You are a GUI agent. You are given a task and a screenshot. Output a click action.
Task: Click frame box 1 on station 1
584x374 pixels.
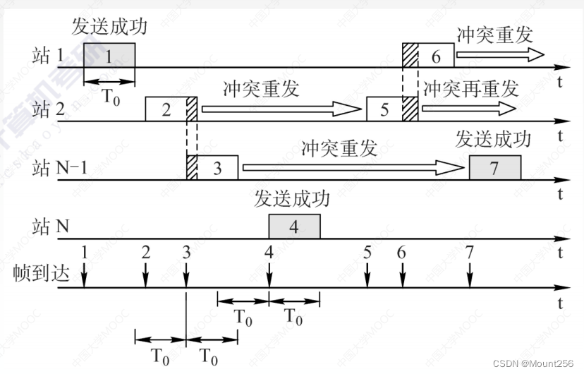click(x=109, y=56)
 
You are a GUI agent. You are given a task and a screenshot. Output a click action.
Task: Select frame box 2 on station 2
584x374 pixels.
click(x=166, y=109)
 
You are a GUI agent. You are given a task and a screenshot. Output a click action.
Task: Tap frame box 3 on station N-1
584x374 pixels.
click(x=217, y=168)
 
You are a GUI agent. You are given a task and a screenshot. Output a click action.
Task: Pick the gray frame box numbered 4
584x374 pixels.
click(x=294, y=227)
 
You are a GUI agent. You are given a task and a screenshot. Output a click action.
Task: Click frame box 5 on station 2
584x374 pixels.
click(x=384, y=109)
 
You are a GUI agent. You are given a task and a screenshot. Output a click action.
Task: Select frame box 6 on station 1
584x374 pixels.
click(x=436, y=56)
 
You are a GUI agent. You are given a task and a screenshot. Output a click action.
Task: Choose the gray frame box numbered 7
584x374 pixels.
click(x=494, y=168)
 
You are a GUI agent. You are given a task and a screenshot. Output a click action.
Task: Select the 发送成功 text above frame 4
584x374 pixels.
click(x=292, y=200)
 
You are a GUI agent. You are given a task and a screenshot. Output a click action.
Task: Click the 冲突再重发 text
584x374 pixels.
click(x=470, y=88)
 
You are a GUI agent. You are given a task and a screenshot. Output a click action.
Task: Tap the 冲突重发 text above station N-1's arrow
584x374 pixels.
click(x=339, y=147)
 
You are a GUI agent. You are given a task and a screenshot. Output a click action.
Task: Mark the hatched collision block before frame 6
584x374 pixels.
click(x=410, y=56)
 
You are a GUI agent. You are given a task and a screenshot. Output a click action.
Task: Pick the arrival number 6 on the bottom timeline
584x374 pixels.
click(x=402, y=252)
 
